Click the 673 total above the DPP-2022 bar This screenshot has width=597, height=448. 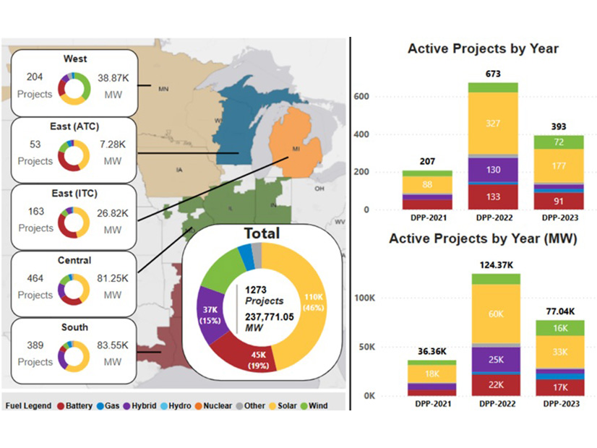[x=493, y=74]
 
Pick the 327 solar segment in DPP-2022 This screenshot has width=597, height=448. [x=493, y=124]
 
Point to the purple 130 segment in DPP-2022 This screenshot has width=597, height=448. [x=493, y=170]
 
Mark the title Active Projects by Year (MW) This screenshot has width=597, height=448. [x=482, y=238]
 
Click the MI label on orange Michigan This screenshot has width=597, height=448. [x=296, y=150]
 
